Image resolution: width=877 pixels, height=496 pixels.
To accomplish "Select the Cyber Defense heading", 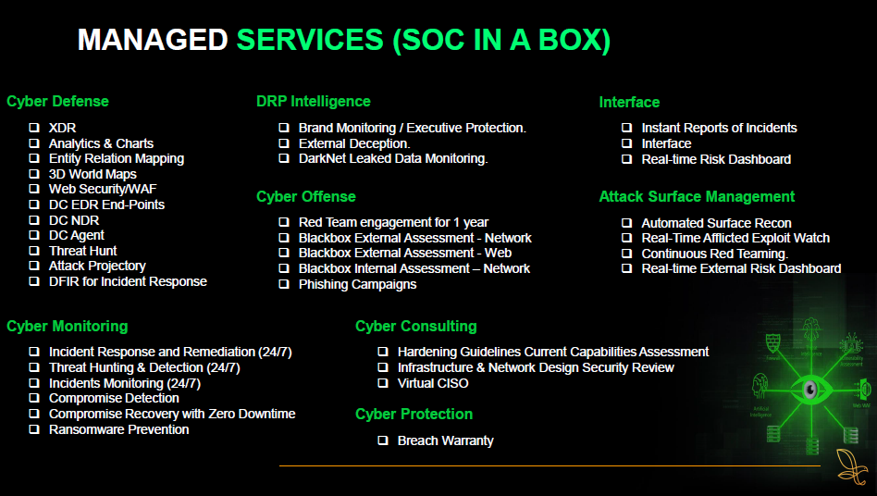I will pos(57,102).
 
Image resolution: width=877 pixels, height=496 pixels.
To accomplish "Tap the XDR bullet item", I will pos(62,128).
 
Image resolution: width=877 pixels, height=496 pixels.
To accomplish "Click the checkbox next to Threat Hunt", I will pos(34,251).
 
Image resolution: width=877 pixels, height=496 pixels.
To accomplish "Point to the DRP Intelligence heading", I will pos(313,102).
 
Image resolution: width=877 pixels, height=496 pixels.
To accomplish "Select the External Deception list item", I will pos(353,143).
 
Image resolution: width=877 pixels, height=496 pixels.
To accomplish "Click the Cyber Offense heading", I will pos(305,196).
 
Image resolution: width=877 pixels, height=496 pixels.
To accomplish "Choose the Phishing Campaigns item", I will pos(357,284).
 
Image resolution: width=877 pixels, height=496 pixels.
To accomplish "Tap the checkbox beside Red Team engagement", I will pos(284,222).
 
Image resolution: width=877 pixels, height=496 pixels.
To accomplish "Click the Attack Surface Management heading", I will pos(697,196).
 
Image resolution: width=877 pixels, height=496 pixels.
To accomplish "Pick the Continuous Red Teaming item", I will pos(714,254).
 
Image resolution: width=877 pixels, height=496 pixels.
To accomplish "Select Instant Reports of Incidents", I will pos(719,128).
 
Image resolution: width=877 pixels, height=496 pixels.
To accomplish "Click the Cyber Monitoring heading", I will pos(67,326).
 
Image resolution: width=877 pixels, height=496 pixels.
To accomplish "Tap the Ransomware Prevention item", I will pos(118,429).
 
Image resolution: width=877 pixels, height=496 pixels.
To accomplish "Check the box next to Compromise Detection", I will pos(34,399).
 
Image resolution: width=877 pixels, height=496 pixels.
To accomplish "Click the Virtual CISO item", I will pos(433,383).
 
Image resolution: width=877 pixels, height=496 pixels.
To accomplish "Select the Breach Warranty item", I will pos(445,440).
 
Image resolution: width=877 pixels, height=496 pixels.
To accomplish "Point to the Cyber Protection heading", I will pos(414,414).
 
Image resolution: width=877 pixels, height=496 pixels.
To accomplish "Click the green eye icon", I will pos(809,386).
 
